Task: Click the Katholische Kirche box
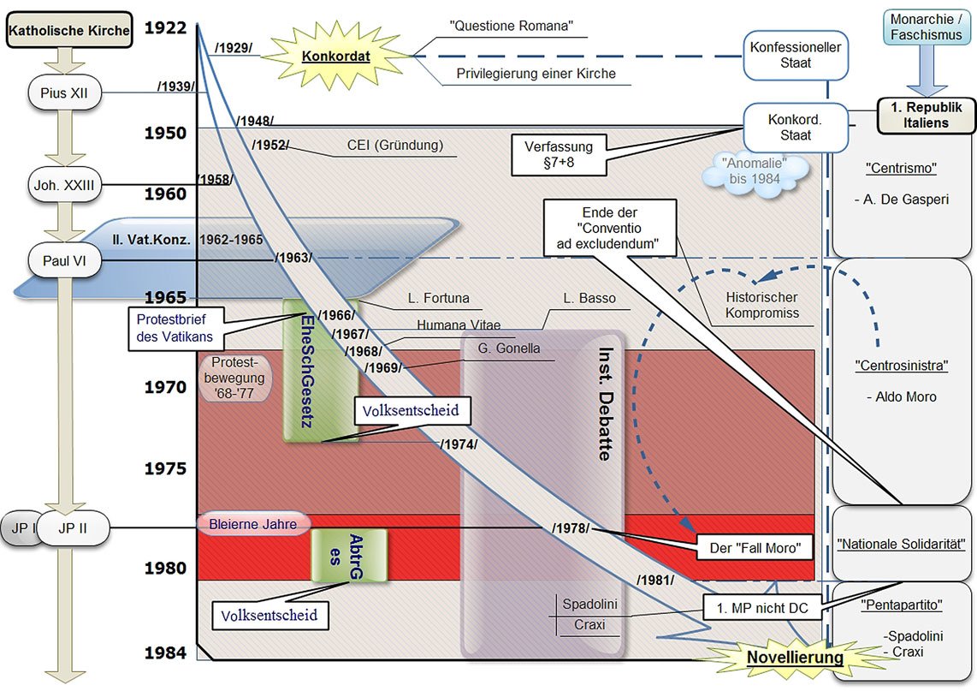[x=69, y=31]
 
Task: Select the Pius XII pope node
[x=65, y=92]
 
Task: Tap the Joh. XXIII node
[x=65, y=183]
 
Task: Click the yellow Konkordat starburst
[x=335, y=56]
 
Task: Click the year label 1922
[x=165, y=27]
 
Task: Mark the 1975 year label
[x=165, y=468]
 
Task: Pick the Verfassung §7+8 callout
[x=559, y=153]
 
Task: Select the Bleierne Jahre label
[x=252, y=523]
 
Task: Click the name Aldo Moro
[x=902, y=396]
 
